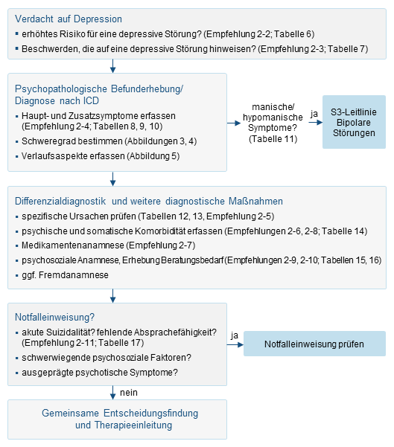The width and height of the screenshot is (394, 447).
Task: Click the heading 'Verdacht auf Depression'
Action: (x=69, y=19)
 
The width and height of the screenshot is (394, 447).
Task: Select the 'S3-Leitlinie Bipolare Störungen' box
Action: (x=354, y=121)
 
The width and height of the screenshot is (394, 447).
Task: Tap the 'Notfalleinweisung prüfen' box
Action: (x=314, y=344)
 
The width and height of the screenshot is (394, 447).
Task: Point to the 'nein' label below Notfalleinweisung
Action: (x=129, y=392)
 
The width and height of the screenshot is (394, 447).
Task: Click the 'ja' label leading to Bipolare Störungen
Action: (x=314, y=113)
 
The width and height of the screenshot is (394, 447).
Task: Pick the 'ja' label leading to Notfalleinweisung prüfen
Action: (x=235, y=335)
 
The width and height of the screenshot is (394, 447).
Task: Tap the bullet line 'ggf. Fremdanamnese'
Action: (x=66, y=275)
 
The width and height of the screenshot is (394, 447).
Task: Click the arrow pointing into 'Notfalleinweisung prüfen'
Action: (x=239, y=344)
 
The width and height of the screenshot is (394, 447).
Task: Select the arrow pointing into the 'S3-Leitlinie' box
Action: (x=317, y=121)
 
